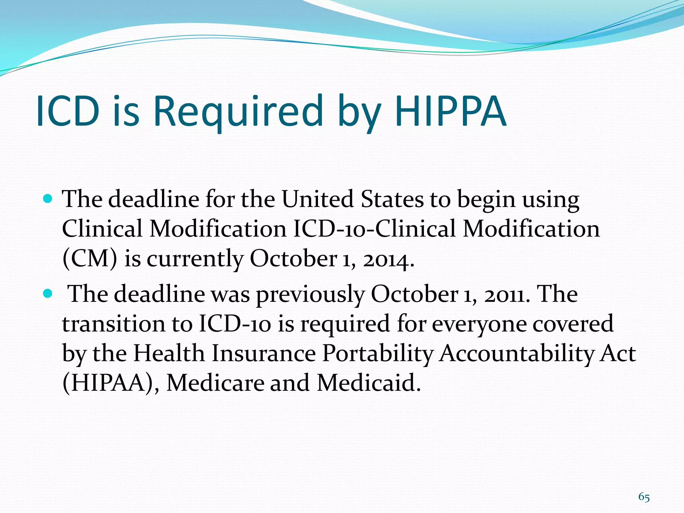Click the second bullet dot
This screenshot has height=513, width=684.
(48, 294)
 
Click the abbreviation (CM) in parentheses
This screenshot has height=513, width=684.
(90, 259)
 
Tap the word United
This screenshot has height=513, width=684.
(317, 199)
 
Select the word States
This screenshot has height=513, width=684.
(392, 199)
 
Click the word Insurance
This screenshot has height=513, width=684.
(264, 353)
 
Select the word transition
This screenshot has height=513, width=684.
(114, 324)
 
